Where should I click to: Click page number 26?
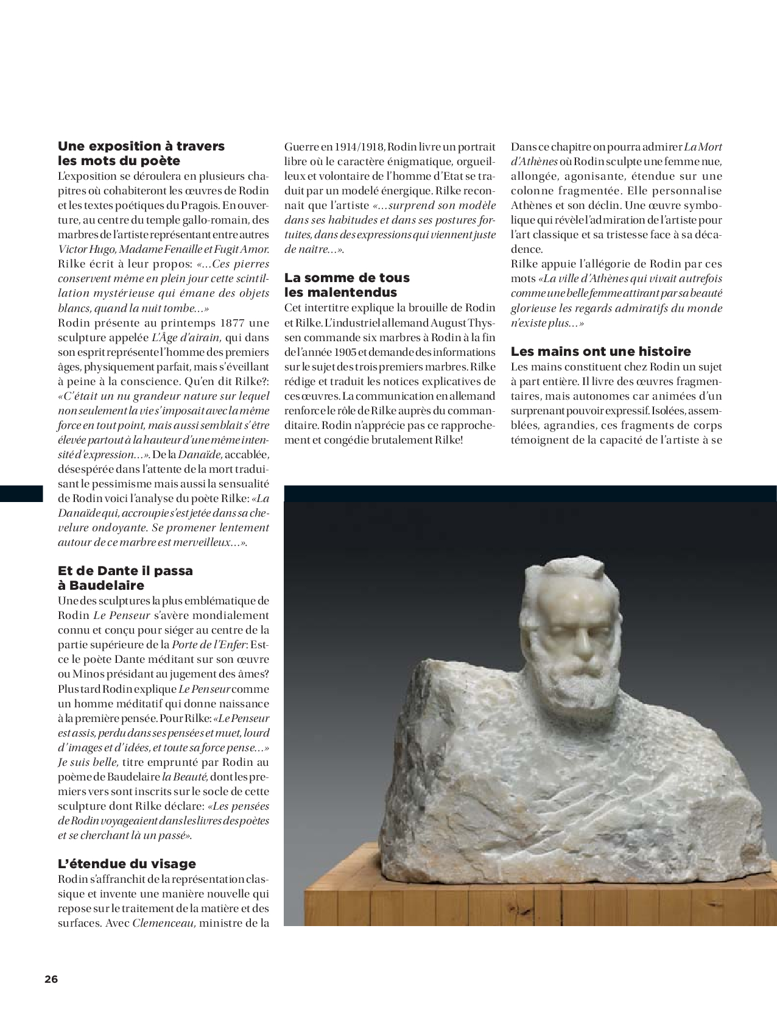point(51,979)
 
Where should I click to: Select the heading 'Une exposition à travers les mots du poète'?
point(141,154)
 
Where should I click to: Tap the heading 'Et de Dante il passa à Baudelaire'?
point(125,578)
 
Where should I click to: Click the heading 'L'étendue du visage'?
point(127,863)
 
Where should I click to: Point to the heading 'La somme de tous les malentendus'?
point(346,285)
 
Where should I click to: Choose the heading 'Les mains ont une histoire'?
point(600,352)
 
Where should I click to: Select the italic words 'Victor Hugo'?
point(86,249)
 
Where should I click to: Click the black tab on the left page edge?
point(21,494)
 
